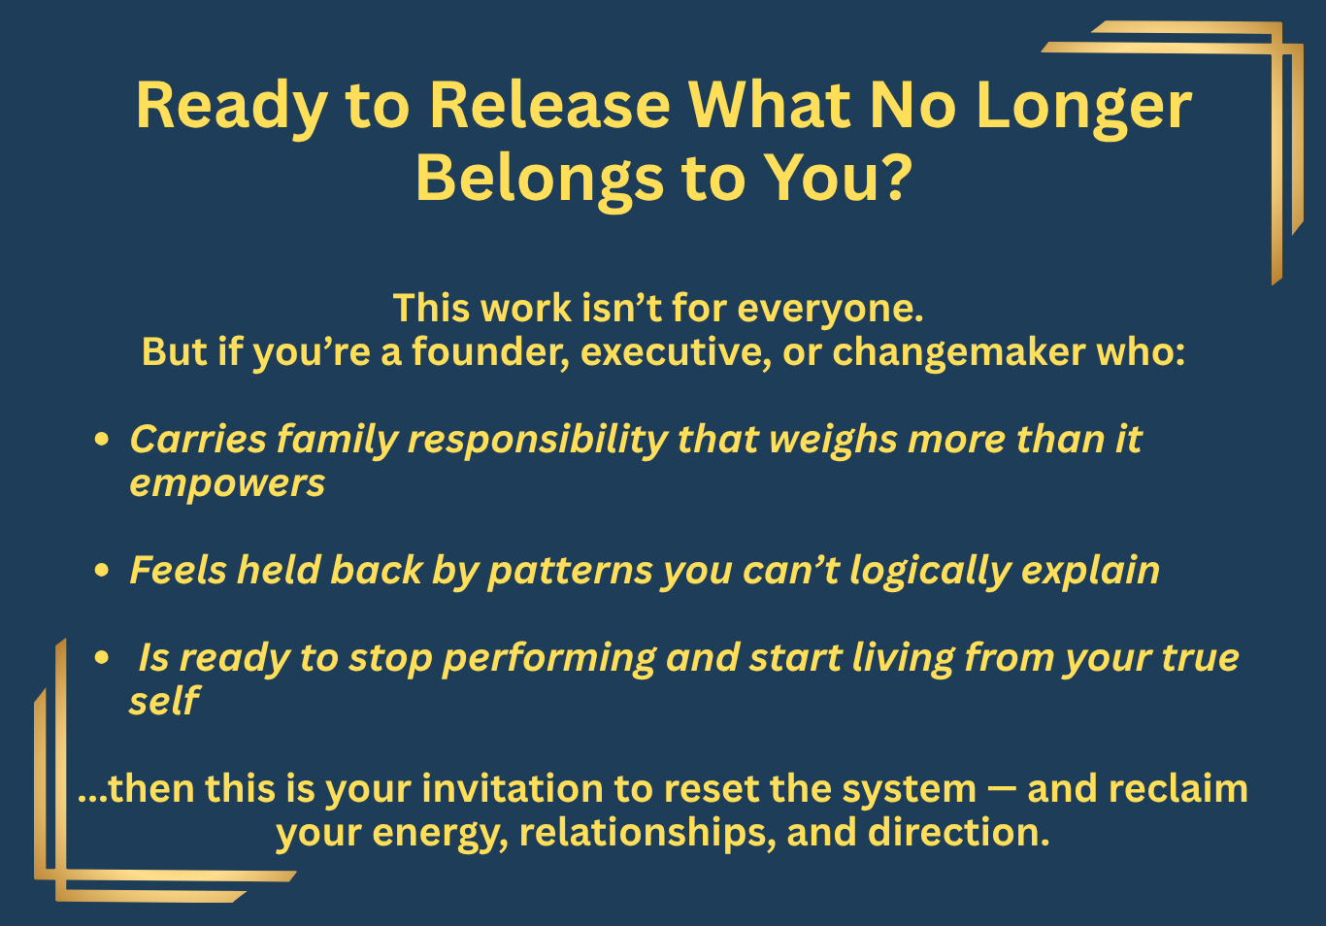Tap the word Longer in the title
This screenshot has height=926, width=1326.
pos(1084,110)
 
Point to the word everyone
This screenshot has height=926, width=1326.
pos(830,311)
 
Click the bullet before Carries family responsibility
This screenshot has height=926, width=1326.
pos(102,440)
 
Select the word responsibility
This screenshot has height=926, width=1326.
pos(538,441)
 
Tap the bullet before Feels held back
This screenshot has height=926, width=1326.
pos(102,570)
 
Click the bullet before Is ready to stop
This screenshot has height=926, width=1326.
pos(102,657)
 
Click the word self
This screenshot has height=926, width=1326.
pos(165,700)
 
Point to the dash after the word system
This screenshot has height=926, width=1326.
pos(1002,790)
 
